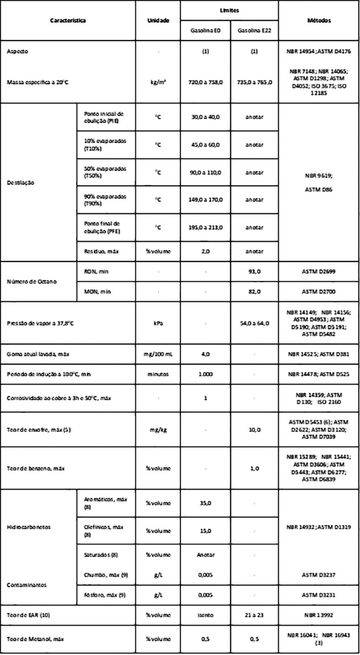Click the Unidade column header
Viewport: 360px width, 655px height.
click(158, 20)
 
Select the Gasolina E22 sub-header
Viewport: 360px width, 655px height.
click(254, 31)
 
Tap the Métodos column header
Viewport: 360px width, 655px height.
click(319, 20)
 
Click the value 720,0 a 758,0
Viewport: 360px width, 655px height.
click(205, 82)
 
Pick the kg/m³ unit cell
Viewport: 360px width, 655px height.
click(158, 82)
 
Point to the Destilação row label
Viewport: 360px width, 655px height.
click(21, 182)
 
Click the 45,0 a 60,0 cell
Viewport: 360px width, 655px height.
click(205, 145)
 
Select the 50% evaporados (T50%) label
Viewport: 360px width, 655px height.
click(105, 172)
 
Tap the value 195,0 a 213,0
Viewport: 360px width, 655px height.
click(205, 227)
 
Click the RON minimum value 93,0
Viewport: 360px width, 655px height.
click(254, 271)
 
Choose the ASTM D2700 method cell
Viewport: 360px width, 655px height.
click(319, 291)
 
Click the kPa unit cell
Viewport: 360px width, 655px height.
click(158, 323)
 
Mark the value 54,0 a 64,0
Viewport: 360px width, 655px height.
click(254, 323)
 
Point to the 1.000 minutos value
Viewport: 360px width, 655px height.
click(205, 374)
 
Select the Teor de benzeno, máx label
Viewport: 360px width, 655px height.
click(36, 468)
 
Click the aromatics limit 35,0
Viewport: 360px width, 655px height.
click(205, 503)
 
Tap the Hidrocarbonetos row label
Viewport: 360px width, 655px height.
click(28, 527)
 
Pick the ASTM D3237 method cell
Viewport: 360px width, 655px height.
click(319, 575)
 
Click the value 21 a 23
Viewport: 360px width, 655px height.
click(254, 615)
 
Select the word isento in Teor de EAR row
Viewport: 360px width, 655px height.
click(205, 615)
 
